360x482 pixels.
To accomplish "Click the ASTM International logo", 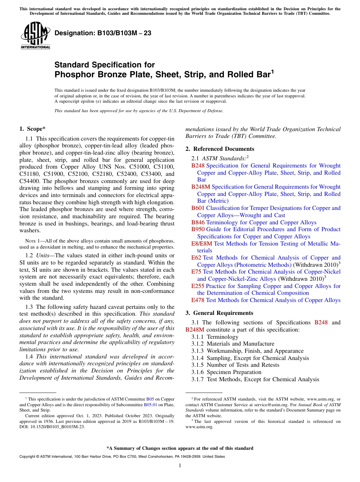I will pos(35,36).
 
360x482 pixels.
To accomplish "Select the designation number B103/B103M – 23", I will pos(103,33).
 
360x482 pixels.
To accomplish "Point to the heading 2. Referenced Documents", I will pos(220,149).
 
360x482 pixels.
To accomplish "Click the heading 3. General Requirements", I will pos(219,313).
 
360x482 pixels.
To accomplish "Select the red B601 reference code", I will pos(198,208).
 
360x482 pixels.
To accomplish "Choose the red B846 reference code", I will pos(198,222).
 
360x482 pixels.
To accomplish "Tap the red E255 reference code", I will pos(198,286).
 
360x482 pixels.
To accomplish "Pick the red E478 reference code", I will pos(198,300).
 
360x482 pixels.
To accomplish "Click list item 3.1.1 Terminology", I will pos(215,337).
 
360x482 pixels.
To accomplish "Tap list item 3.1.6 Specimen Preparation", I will pos(227,372).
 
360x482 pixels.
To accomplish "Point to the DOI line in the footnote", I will pos(52,427).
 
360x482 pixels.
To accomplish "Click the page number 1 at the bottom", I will pos(180,466).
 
